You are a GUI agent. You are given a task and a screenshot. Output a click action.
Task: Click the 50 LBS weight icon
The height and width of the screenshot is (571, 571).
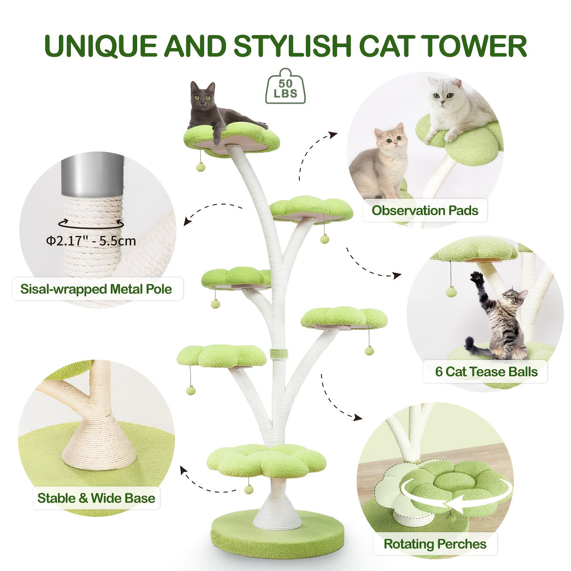pos(285,87)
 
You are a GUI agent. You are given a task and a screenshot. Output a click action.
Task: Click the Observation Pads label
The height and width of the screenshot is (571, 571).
pos(425,210)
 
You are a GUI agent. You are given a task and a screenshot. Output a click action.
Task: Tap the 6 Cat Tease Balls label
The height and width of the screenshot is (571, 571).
pos(486,372)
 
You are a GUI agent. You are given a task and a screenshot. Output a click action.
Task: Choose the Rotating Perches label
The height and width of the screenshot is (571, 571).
pos(435,544)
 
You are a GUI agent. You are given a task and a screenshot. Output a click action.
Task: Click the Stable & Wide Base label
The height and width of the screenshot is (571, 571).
pos(96,498)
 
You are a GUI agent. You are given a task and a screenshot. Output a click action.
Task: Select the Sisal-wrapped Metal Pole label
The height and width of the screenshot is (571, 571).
pos(96,289)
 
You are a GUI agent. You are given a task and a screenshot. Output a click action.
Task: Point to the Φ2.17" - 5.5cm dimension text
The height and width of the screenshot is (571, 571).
pos(91,241)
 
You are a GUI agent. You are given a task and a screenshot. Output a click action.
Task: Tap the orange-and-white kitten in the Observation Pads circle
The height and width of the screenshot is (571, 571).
pos(381,162)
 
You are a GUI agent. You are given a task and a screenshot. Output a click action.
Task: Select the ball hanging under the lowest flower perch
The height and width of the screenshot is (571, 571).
pos(248,489)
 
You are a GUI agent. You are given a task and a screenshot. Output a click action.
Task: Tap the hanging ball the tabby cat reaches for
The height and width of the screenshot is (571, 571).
pos(450,291)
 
